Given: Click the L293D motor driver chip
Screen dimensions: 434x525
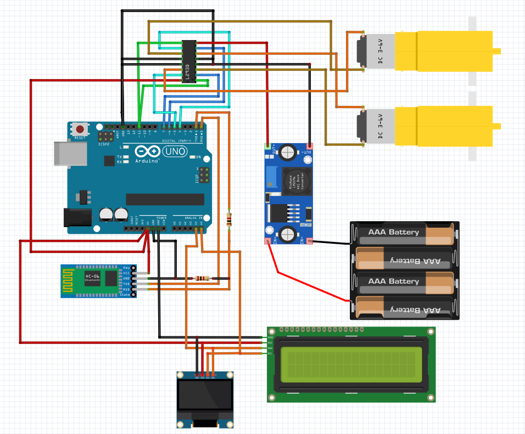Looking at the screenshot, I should click(x=188, y=61).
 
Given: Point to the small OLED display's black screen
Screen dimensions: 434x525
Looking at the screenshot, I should click(x=204, y=395).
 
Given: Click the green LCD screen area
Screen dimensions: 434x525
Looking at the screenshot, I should click(x=352, y=364).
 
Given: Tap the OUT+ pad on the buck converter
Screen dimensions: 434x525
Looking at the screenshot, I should click(x=269, y=147).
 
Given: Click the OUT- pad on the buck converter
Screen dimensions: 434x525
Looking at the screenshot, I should click(x=309, y=147).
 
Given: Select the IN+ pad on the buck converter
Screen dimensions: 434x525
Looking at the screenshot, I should click(x=269, y=241).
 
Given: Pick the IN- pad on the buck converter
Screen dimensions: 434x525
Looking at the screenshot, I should click(x=309, y=241).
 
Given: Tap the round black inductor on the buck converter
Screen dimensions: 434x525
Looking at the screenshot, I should click(x=296, y=181).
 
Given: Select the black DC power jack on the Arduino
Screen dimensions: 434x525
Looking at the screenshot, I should click(x=76, y=217).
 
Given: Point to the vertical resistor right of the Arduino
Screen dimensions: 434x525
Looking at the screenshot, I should click(x=229, y=219).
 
